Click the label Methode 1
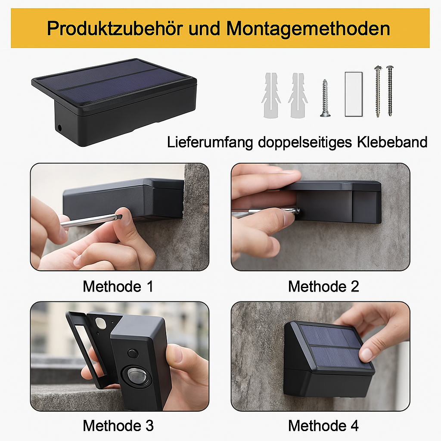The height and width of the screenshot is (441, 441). pyautogui.click(x=118, y=286)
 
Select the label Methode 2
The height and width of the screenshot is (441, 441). pyautogui.click(x=323, y=286)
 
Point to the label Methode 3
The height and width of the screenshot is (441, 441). pyautogui.click(x=118, y=426)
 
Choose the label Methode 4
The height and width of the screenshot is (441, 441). pyautogui.click(x=323, y=426)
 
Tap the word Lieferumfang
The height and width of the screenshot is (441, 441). pyautogui.click(x=210, y=142)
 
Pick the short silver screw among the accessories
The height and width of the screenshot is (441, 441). pyautogui.click(x=325, y=98)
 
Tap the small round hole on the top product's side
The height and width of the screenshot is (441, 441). pyautogui.click(x=59, y=128)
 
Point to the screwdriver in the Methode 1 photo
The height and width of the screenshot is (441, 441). pyautogui.click(x=90, y=221)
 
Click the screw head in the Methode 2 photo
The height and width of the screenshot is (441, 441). pyautogui.click(x=297, y=211)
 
